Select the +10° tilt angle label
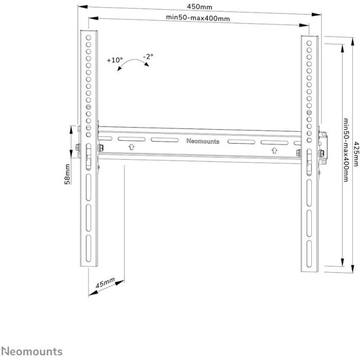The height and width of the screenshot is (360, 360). (x=114, y=60)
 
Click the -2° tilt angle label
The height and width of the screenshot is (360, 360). (x=148, y=57)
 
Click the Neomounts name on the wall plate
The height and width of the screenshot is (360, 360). (x=202, y=141)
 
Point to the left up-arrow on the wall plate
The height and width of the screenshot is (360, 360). (x=131, y=147)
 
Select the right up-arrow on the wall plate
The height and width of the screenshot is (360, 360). (x=274, y=150)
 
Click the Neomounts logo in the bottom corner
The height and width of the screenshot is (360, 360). (x=32, y=352)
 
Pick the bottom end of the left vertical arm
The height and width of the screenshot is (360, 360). (x=88, y=263)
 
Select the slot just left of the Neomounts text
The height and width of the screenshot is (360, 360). (x=162, y=140)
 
